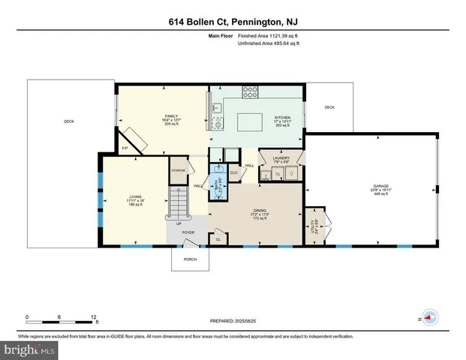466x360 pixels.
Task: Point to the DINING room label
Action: click(260, 210)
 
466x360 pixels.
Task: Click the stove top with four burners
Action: click(250, 93)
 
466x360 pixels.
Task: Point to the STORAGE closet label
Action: click(178, 170)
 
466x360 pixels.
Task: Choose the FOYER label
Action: click(188, 232)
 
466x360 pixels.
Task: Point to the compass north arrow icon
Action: click(429, 318)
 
